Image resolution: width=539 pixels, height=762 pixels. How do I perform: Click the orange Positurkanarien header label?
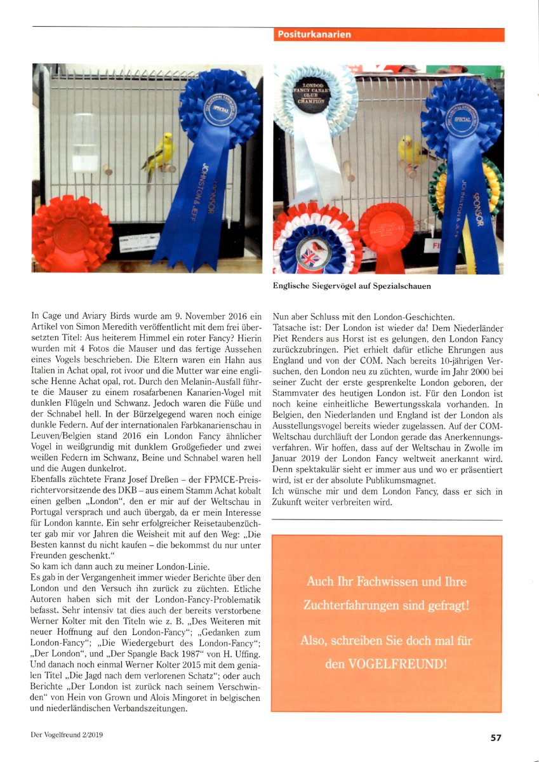(314, 34)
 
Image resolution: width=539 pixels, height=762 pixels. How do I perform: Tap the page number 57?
(496, 737)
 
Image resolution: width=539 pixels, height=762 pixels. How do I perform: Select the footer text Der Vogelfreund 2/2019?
(67, 735)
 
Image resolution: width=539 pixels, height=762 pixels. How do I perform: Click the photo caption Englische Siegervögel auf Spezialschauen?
(352, 286)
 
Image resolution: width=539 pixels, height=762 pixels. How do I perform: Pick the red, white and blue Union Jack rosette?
(314, 244)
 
